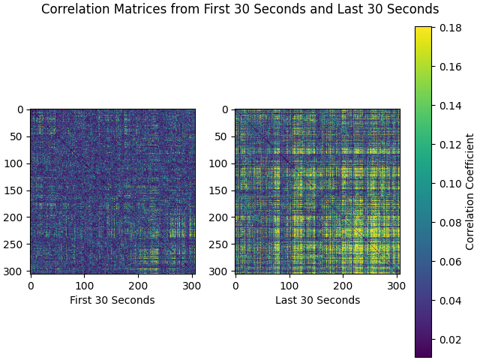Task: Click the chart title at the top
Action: coord(240,10)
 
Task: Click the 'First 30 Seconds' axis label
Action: coord(112,300)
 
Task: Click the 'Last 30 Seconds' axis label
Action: coord(317,300)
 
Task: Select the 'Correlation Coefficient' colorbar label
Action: coord(470,191)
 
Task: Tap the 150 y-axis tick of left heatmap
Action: coord(16,190)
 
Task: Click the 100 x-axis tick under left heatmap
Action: coord(84,286)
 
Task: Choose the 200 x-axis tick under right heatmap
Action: coord(343,286)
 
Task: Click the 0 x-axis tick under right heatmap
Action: coord(235,286)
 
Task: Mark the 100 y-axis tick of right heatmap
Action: coord(220,163)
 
